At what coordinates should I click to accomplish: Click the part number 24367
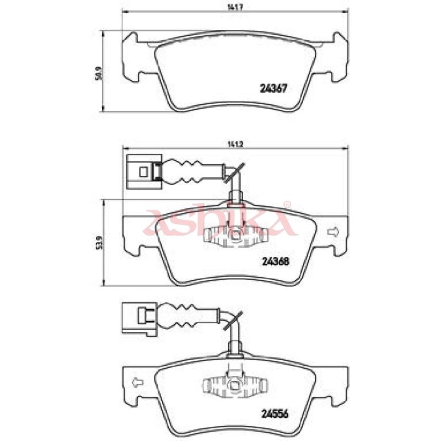coord(273,89)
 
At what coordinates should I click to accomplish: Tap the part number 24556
coord(275,414)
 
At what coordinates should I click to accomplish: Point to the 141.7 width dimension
coord(235,8)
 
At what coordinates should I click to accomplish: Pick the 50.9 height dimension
coord(98,74)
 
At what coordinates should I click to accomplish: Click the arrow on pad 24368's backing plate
coord(334,232)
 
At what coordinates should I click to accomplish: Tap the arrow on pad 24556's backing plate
coord(137,383)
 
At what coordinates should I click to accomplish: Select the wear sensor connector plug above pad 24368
coord(144,171)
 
